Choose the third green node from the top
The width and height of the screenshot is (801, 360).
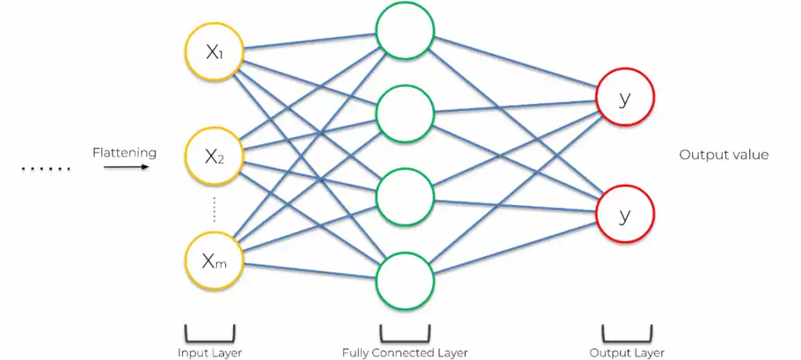click(x=404, y=196)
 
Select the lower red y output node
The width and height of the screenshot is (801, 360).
click(x=624, y=214)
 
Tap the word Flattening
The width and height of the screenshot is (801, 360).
click(x=124, y=153)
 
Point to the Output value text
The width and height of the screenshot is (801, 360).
click(x=724, y=155)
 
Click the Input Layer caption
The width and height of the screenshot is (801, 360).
click(x=209, y=352)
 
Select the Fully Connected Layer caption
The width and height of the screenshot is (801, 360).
click(x=404, y=352)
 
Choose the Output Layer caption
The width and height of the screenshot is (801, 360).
click(x=627, y=352)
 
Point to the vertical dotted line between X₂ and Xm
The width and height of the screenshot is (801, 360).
click(x=214, y=209)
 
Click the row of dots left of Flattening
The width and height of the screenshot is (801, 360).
click(x=45, y=168)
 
